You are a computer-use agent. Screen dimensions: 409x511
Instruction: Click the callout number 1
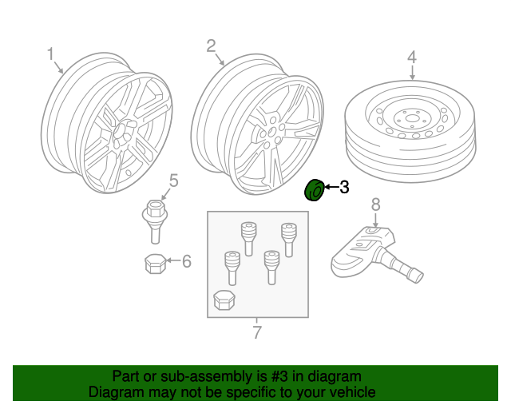point(50,54)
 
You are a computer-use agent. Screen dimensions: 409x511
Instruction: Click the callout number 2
point(211,46)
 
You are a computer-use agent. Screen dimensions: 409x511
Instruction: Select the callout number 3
point(344,189)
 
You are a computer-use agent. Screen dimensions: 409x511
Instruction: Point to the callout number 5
point(172,181)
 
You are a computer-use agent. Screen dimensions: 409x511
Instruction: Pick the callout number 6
point(187,261)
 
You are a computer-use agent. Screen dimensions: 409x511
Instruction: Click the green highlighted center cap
point(315,190)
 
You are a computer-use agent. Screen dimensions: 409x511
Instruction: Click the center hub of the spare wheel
point(412,121)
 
